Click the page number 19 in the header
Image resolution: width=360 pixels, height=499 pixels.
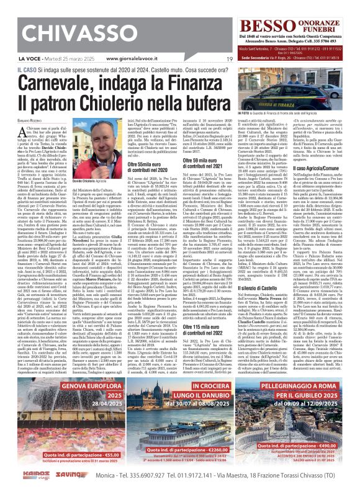click(x=230, y=59)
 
